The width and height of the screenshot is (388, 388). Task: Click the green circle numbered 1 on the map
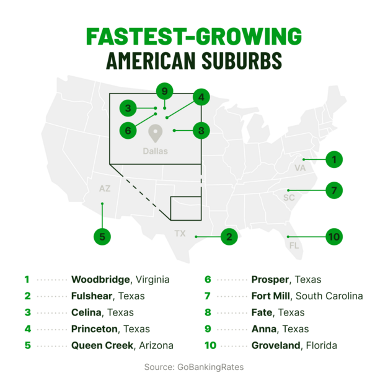[333, 160]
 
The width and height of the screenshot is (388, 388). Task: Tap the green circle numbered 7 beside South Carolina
[333, 190]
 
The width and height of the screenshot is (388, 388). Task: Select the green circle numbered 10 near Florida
[333, 237]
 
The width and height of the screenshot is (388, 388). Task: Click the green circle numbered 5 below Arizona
[102, 236]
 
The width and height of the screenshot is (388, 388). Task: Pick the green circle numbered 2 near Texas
[229, 237]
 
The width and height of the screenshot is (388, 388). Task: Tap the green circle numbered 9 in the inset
[164, 92]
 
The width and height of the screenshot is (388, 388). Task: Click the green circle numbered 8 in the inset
[201, 130]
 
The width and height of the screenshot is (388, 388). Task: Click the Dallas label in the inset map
[155, 151]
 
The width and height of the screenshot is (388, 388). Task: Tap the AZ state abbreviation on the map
[105, 188]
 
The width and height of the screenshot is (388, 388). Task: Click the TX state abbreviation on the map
[180, 234]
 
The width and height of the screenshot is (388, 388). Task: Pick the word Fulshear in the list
[92, 296]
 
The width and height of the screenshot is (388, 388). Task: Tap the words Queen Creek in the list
[101, 345]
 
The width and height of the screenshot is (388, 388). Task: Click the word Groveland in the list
[276, 345]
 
